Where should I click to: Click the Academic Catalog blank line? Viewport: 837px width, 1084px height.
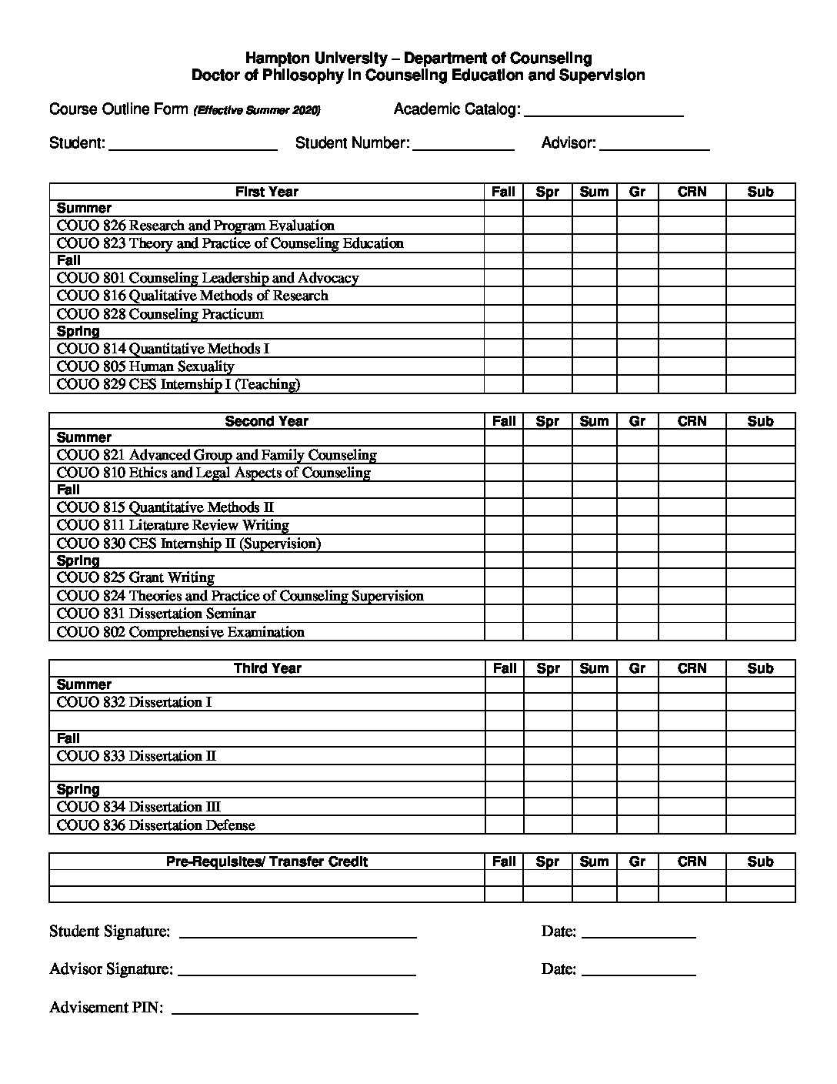point(603,112)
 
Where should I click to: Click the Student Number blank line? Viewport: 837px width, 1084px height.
point(463,146)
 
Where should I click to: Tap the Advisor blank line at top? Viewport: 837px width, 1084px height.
point(654,146)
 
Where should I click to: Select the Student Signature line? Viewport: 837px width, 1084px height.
point(297,934)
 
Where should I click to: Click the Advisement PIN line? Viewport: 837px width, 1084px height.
point(295,1010)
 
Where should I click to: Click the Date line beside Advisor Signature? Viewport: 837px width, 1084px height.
point(639,972)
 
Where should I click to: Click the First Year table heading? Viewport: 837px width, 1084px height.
point(266,192)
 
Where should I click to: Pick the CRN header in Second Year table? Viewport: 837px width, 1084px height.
point(692,421)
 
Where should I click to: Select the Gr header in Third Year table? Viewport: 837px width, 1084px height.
point(637,668)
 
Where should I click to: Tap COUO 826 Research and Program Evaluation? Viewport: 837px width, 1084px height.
point(195,226)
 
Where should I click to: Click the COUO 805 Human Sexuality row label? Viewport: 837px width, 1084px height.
point(145,366)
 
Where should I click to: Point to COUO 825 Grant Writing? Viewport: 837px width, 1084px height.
point(135,577)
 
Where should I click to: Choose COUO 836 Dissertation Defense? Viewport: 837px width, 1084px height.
point(155,825)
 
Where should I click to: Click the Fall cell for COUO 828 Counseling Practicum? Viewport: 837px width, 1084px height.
point(503,314)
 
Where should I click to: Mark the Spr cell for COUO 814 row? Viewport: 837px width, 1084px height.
point(547,349)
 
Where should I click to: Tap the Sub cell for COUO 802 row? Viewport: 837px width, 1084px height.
point(760,632)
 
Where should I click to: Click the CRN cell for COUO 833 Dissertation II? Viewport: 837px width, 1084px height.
point(692,756)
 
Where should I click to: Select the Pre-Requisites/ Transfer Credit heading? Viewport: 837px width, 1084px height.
point(266,862)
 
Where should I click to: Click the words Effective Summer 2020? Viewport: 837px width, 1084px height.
point(258,111)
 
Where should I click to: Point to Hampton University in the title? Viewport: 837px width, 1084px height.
point(315,59)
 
